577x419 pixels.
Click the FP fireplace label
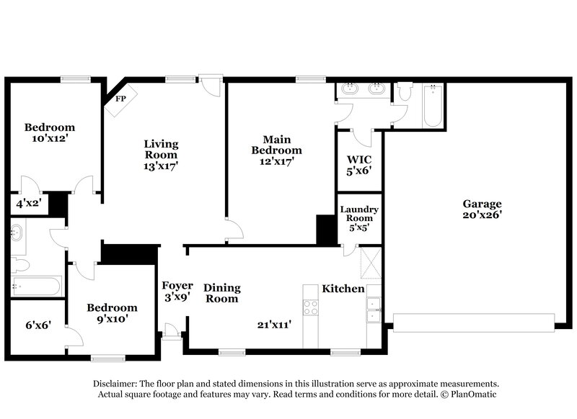coord(120,99)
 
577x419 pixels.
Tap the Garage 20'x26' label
coord(482,209)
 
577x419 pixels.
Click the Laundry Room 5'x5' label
coord(359,217)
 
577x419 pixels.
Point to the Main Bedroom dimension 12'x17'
coord(276,162)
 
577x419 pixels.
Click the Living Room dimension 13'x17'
coord(160,166)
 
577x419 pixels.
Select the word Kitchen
coord(343,289)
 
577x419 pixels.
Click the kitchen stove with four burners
coord(310,307)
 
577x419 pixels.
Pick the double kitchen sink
coord(374,310)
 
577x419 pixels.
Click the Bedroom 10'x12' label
coord(49,132)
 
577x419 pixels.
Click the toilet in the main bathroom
coord(405,92)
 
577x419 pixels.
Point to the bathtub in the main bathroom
coord(432,107)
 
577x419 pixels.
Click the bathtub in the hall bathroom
coord(36,286)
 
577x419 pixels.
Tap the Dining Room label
coord(221,292)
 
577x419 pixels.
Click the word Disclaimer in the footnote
coord(115,384)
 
